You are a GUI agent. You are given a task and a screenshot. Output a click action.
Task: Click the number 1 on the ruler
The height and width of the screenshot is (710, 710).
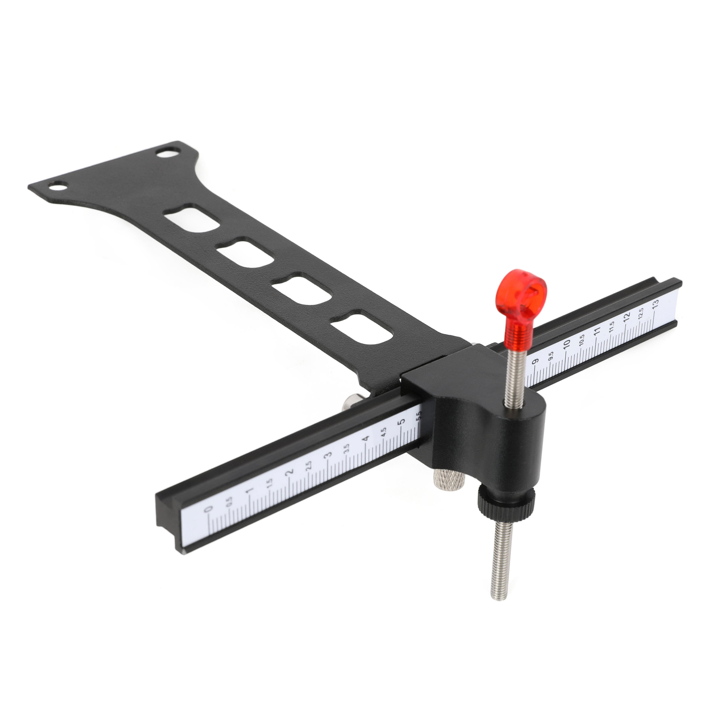point(249,491)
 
